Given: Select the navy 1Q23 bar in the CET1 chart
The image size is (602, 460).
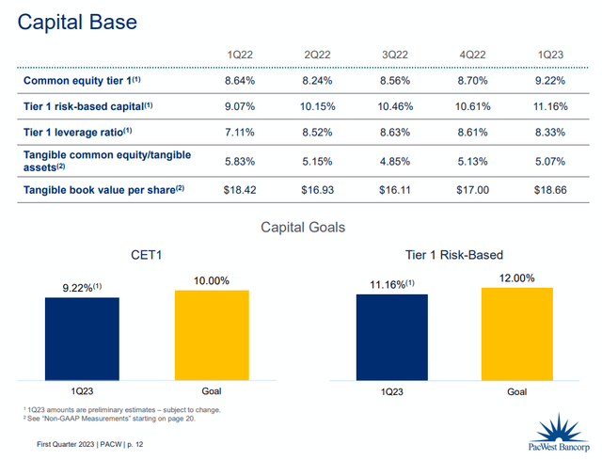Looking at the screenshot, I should tap(82, 339).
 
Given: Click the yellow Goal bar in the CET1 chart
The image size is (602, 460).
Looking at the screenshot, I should tap(212, 335).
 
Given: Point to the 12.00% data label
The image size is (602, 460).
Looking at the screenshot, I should tap(517, 278).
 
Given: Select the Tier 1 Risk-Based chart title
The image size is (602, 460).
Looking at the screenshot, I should tap(455, 254).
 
